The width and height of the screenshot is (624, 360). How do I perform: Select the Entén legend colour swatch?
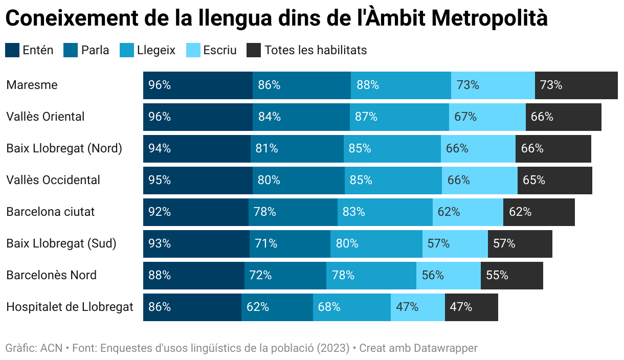12,50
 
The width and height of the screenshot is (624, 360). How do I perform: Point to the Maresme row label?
32,85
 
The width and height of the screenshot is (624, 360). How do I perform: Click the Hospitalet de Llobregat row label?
70,307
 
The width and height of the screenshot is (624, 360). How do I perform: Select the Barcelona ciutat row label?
50,212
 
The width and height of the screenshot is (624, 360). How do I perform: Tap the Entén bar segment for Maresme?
197,85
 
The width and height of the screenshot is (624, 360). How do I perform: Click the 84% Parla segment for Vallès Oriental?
301,117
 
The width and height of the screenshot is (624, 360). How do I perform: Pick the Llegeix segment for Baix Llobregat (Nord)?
392,149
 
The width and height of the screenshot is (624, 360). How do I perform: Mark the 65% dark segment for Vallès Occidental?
554,181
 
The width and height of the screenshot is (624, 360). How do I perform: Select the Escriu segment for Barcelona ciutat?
467,212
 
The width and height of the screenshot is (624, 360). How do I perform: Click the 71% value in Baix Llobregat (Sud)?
266,244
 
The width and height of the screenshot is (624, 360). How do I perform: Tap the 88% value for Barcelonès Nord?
159,276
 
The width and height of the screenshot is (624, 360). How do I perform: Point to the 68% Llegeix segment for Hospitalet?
351,307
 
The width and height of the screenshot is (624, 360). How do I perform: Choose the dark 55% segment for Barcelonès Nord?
511,276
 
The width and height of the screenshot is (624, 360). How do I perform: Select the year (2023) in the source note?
333,348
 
